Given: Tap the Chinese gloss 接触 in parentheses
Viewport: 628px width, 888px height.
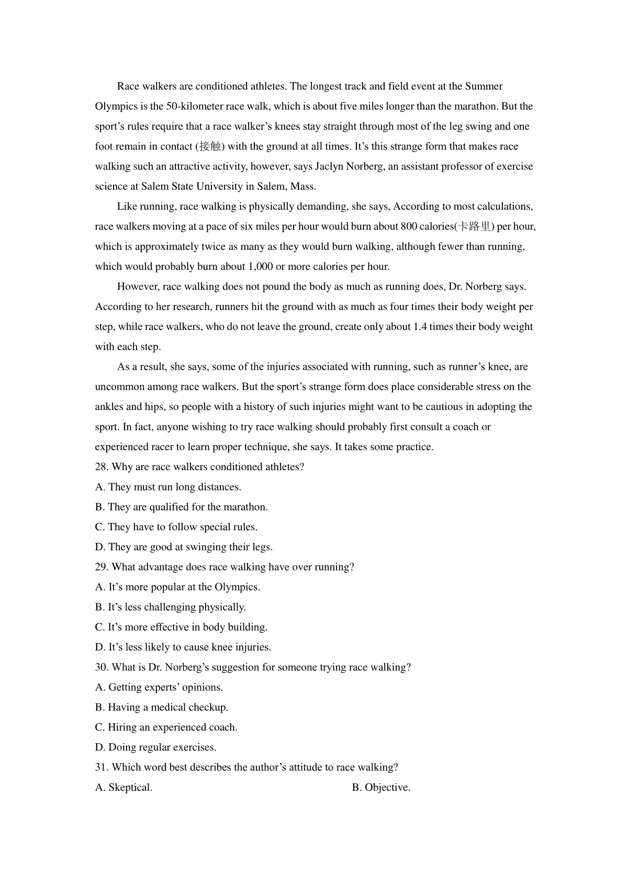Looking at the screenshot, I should pyautogui.click(x=210, y=146).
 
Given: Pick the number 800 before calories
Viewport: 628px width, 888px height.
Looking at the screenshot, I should pyautogui.click(x=409, y=226).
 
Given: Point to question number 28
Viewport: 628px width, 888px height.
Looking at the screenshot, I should pyautogui.click(x=102, y=466).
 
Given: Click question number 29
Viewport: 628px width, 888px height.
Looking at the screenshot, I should pyautogui.click(x=102, y=567).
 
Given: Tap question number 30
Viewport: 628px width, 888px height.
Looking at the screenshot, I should pyautogui.click(x=102, y=667).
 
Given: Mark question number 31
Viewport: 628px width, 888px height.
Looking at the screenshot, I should pyautogui.click(x=102, y=767).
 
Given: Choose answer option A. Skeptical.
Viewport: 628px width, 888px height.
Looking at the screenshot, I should pyautogui.click(x=124, y=787).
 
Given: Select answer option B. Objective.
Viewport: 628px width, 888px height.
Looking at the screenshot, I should pyautogui.click(x=381, y=787).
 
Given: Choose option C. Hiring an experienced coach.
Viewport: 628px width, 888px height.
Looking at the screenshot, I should pyautogui.click(x=166, y=727).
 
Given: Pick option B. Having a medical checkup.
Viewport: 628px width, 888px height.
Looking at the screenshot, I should pyautogui.click(x=162, y=707).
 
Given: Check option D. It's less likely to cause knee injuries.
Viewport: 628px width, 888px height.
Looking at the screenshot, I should pyautogui.click(x=183, y=647).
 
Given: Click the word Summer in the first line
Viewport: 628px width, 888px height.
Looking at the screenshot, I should pyautogui.click(x=484, y=86).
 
